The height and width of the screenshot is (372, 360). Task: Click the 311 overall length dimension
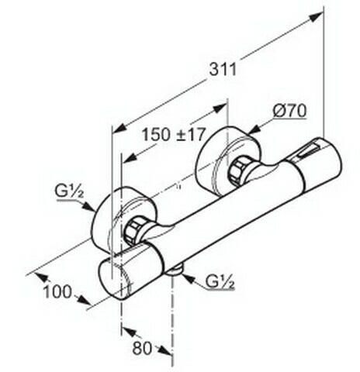pos(223,69)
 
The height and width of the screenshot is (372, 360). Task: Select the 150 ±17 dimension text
pos(174,135)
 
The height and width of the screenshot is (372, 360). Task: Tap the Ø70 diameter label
pos(289,112)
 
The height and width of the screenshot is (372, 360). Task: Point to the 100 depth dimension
pos(57,292)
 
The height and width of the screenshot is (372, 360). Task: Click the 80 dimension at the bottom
pos(142,348)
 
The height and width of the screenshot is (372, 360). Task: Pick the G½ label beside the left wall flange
pos(69,191)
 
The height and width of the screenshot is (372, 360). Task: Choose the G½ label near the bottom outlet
pos(220,281)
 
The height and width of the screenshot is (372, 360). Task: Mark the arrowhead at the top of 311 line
pos(316,18)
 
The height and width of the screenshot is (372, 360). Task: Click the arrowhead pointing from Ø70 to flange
pos(255,129)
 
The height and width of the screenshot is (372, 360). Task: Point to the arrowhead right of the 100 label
pos(84,301)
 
